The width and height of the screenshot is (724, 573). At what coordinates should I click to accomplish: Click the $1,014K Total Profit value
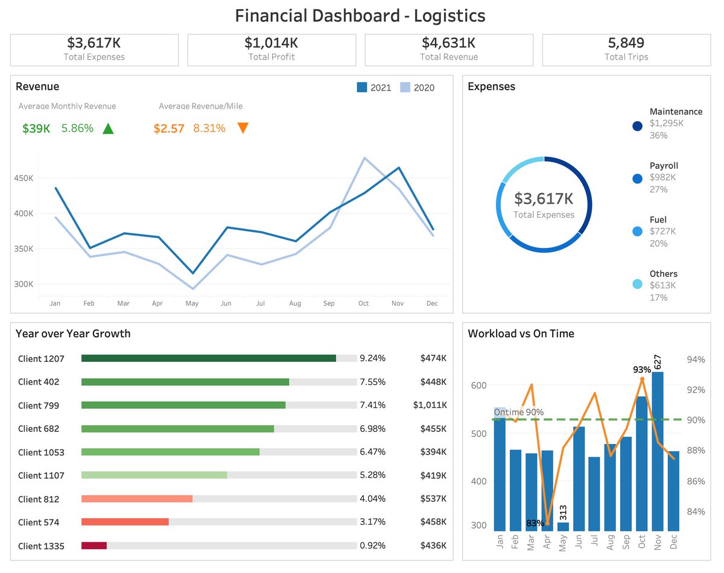click(271, 43)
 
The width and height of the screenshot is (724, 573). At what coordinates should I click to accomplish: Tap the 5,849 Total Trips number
click(626, 43)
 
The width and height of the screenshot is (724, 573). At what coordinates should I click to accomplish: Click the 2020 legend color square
click(405, 87)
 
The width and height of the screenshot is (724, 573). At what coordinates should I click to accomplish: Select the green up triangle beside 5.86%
click(108, 128)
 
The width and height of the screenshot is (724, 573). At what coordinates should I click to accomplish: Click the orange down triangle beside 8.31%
click(243, 128)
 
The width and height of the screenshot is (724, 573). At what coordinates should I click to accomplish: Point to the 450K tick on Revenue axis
click(24, 179)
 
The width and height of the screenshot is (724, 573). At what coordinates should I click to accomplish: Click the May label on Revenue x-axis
click(192, 303)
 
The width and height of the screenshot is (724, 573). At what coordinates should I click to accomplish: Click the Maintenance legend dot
click(637, 126)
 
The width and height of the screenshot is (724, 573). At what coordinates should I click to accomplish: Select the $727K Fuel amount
click(662, 231)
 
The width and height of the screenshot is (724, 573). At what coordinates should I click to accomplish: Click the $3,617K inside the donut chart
click(544, 198)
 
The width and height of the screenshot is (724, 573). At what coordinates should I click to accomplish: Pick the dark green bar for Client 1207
click(208, 358)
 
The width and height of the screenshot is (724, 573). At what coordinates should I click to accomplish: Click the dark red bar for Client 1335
click(94, 545)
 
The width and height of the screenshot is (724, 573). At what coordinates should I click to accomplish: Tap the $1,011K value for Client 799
click(430, 405)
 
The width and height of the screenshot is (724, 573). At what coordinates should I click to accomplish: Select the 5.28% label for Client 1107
click(372, 475)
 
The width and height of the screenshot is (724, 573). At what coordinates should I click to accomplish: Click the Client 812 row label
click(39, 499)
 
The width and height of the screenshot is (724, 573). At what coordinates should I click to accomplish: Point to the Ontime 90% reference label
click(519, 412)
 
